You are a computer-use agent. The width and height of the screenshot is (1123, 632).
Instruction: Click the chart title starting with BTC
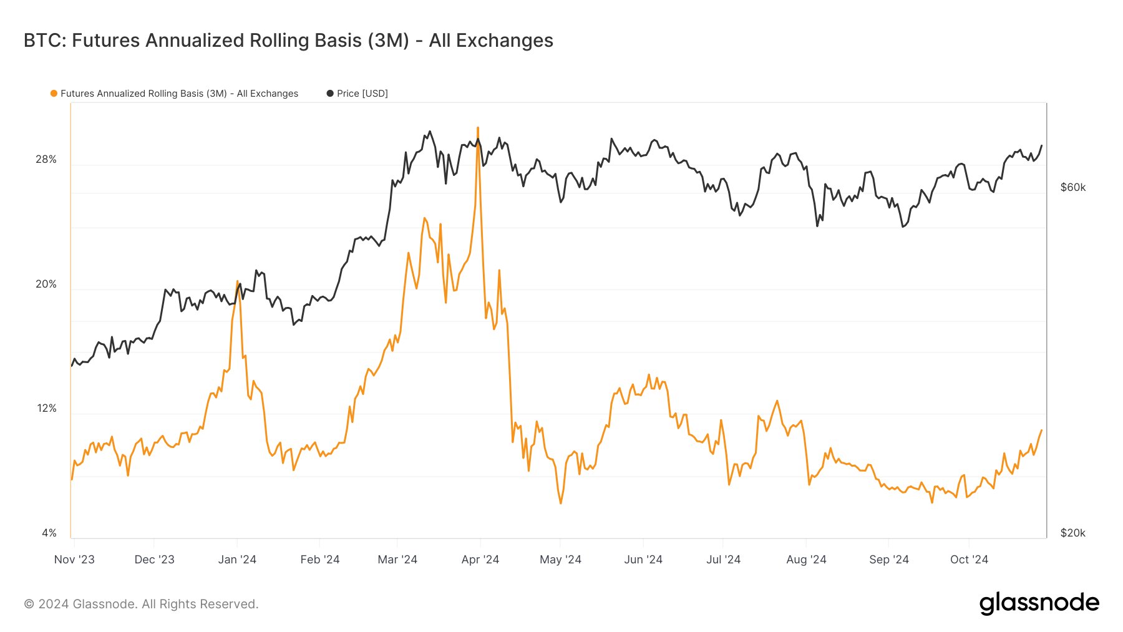[288, 41]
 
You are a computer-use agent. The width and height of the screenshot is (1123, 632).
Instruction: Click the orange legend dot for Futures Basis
[54, 94]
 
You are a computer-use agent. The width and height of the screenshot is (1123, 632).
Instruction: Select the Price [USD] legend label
[362, 94]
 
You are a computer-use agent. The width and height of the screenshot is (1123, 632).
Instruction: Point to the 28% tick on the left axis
[46, 160]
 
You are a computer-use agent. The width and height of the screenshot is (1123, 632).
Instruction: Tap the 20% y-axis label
[46, 284]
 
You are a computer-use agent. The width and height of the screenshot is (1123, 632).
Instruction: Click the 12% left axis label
[46, 409]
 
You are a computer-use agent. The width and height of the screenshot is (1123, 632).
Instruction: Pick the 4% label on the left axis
[49, 533]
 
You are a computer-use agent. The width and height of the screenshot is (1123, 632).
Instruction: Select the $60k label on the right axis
[1072, 187]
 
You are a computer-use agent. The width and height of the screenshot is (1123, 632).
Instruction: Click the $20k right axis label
[1072, 533]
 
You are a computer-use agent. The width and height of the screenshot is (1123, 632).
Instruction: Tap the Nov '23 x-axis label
[74, 560]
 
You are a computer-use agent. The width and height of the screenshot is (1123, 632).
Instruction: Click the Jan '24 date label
[237, 560]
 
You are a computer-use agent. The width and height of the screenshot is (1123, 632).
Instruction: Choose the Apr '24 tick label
[480, 560]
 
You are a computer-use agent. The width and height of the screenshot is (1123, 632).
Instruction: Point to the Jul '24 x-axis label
[723, 560]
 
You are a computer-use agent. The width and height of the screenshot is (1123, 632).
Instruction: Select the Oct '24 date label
[968, 560]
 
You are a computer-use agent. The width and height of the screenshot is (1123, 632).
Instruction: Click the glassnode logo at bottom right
[1039, 603]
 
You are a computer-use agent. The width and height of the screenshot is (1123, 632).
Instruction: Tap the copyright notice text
[141, 604]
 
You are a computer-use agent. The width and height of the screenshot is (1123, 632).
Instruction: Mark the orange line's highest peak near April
[478, 128]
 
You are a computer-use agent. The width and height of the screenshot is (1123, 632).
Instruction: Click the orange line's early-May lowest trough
[561, 503]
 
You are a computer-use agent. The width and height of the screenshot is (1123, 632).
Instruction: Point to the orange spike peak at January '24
[238, 281]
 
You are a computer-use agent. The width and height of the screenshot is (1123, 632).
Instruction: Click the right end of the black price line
[1041, 146]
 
